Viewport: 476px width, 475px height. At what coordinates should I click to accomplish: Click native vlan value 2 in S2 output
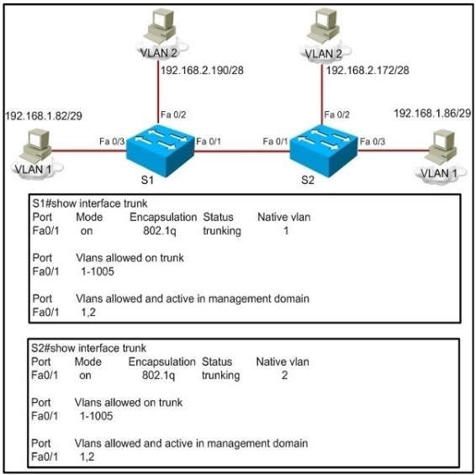point(285,377)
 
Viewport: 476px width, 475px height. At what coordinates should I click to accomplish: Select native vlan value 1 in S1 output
point(286,230)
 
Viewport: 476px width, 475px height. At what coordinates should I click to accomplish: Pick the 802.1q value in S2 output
point(159,377)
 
